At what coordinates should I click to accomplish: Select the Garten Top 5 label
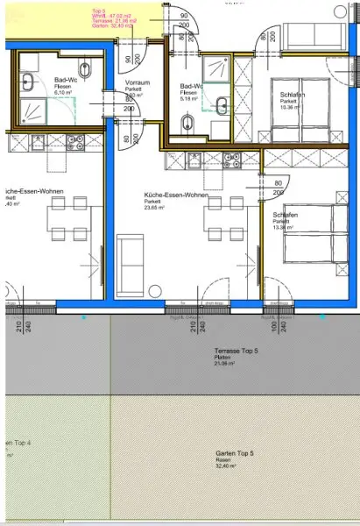pyautogui.click(x=234, y=454)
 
